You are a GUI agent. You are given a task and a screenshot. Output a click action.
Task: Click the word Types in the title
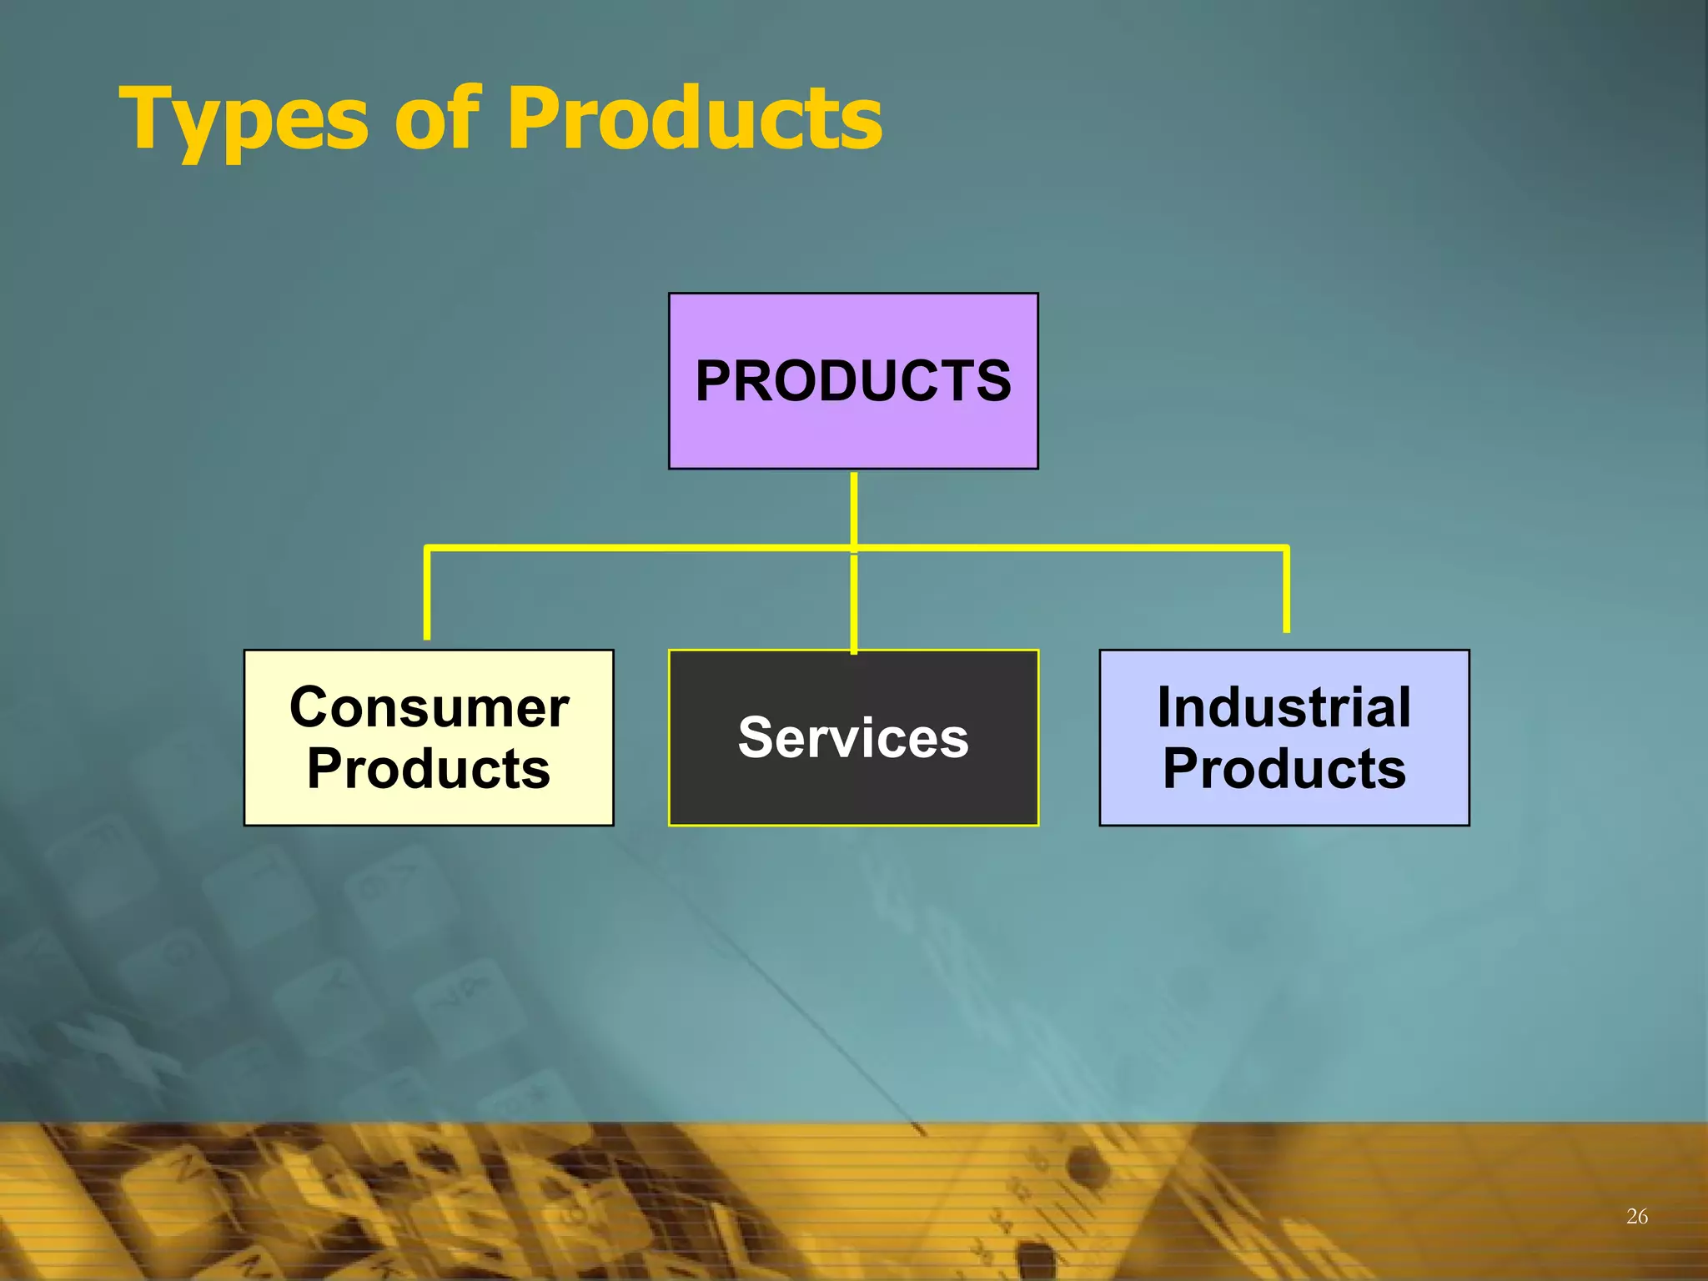pos(244,121)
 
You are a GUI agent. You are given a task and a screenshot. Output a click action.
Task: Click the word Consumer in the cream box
pos(429,708)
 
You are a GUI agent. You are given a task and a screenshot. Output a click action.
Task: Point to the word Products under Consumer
pos(429,768)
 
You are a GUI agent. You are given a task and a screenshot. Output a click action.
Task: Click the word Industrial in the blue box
pos(1284,708)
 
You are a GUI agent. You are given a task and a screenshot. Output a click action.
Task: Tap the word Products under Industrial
pos(1284,768)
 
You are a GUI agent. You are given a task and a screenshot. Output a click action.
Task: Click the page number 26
pos(1636,1216)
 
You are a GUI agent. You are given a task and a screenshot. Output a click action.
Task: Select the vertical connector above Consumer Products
pos(427,594)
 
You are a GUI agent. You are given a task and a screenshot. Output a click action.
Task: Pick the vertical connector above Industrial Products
pos(1286,590)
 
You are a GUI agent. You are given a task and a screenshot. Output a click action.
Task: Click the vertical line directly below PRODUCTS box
pos(854,509)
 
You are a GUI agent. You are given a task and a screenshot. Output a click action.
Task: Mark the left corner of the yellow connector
pos(428,549)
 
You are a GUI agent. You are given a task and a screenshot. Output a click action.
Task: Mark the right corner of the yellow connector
pos(1286,549)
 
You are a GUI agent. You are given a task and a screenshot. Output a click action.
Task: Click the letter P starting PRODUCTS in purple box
pos(716,382)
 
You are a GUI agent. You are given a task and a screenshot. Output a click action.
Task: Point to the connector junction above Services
pos(854,549)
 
